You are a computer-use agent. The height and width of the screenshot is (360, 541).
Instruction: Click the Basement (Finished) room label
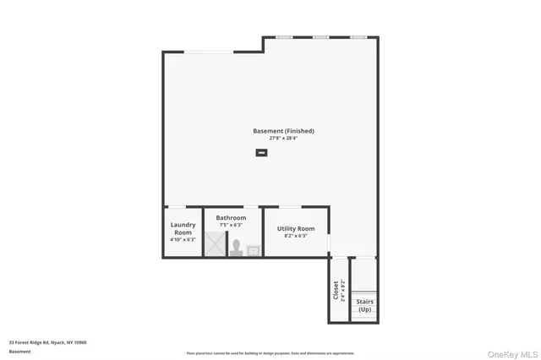(283, 131)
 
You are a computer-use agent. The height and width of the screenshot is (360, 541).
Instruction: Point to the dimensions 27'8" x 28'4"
(283, 138)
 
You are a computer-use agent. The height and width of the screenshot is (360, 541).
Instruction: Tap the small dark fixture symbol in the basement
(261, 153)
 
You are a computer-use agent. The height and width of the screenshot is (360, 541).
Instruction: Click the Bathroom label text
(231, 218)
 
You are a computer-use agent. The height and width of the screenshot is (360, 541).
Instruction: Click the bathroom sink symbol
(253, 250)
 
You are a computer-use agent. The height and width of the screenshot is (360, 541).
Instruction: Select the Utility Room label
(296, 228)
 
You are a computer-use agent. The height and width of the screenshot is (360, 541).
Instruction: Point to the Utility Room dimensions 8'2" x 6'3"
(296, 236)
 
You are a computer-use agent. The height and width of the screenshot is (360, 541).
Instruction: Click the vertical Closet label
(336, 290)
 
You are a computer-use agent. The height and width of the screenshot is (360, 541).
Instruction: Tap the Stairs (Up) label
(364, 305)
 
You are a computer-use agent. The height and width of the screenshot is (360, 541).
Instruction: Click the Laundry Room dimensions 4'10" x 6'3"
(183, 240)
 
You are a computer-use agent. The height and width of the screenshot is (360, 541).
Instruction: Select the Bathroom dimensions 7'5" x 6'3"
(231, 225)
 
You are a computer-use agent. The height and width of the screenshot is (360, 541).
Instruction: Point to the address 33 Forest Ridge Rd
(47, 342)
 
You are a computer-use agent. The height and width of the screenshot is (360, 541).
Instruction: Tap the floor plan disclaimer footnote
(270, 353)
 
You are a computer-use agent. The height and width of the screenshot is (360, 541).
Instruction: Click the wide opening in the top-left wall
(210, 52)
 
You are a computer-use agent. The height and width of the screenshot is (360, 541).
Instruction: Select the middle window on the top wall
(320, 37)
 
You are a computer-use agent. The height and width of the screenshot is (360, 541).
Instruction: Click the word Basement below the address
(19, 351)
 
